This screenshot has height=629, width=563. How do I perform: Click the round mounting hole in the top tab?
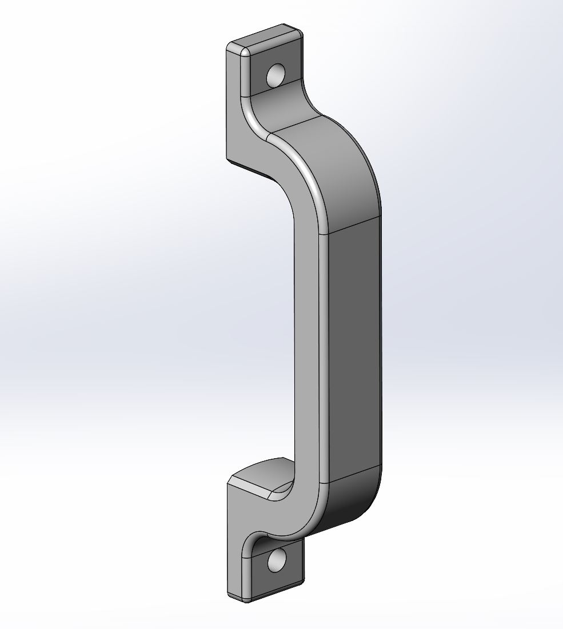[277, 75]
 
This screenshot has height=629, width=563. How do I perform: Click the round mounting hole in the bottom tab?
[277, 561]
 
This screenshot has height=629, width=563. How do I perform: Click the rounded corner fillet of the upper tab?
[245, 51]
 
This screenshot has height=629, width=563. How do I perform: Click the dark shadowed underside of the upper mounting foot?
[251, 167]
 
